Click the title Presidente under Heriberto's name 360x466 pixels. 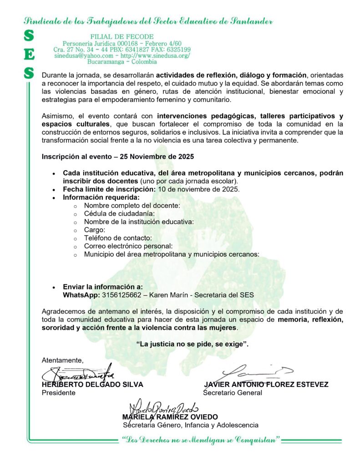pos(59,393)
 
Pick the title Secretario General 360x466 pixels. pos(233,393)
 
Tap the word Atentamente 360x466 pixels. pos(63,360)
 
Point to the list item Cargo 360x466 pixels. pos(94,230)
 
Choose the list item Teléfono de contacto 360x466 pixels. pos(118,238)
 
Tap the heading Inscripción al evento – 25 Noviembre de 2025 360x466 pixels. pos(118,157)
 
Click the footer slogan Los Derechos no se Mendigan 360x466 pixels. pos(200,441)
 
